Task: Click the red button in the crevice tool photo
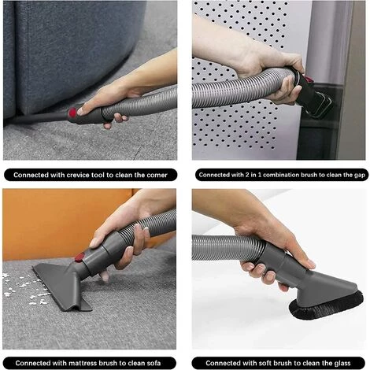72,113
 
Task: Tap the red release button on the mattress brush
80,257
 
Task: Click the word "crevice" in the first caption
76,175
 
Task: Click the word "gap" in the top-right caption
360,176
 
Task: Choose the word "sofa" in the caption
153,364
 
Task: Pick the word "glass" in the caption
342,364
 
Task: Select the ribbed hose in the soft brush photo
228,247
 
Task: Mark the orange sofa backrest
65,223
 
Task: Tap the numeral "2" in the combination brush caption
247,175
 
